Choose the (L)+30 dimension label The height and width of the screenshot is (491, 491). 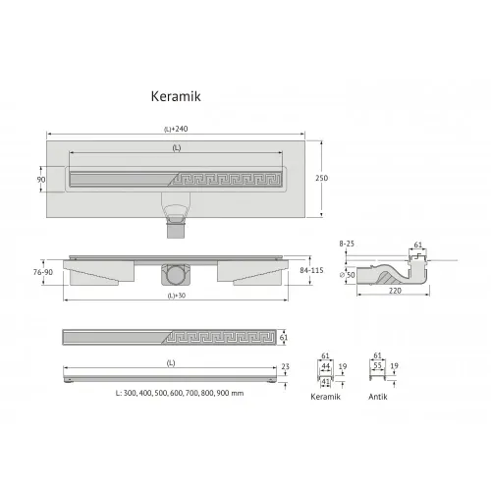point(177,296)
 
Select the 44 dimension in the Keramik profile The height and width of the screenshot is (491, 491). point(325,367)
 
